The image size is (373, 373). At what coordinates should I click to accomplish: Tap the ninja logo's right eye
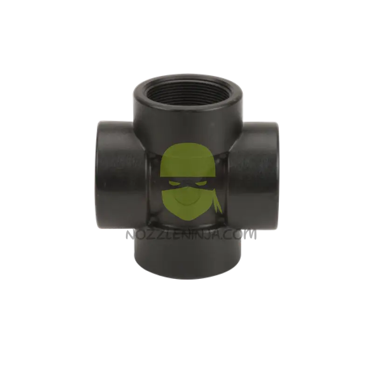point(200,184)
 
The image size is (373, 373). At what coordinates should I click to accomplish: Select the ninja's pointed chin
point(188,215)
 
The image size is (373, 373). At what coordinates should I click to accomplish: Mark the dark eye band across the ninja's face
point(188,184)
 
